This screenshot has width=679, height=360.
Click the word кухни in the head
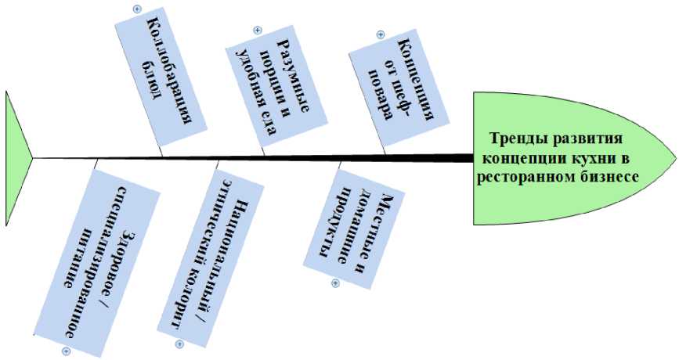pyautogui.click(x=591, y=158)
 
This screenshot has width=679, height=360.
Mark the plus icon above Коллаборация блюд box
pyautogui.click(x=137, y=9)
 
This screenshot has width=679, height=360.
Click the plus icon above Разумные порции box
pyautogui.click(x=256, y=31)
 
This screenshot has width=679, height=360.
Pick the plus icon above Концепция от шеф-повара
pyautogui.click(x=381, y=35)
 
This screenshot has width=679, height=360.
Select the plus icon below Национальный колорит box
pyautogui.click(x=179, y=344)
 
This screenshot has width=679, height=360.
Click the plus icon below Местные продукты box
pyautogui.click(x=335, y=283)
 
